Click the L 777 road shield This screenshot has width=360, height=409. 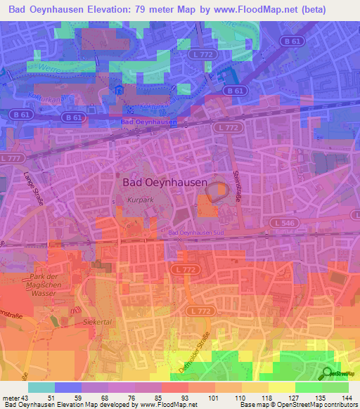coord(11,159)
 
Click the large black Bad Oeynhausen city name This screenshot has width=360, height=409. coord(165,182)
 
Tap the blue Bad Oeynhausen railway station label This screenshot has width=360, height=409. coord(148,122)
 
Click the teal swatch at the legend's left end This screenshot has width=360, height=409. coord(41,387)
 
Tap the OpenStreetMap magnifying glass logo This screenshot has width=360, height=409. coord(326,374)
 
